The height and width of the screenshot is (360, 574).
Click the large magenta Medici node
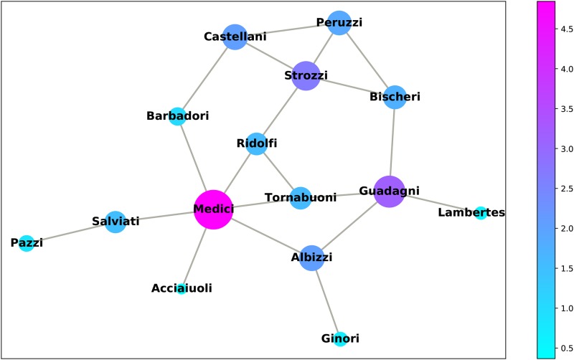click(x=213, y=209)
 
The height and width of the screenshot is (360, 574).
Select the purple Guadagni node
click(x=390, y=191)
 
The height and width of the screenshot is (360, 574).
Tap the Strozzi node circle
click(x=306, y=75)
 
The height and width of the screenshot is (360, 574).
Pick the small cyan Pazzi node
click(x=27, y=243)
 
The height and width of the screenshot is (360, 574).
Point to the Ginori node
click(x=340, y=338)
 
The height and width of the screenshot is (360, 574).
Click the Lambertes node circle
click(x=481, y=212)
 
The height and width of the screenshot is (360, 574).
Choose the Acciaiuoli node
click(x=182, y=288)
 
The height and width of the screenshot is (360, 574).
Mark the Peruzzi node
click(x=339, y=22)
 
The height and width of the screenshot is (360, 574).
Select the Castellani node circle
click(x=235, y=36)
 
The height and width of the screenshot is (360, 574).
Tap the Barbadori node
click(x=177, y=116)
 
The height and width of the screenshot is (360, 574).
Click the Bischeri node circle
click(x=395, y=96)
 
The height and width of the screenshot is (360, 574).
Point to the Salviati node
click(x=115, y=222)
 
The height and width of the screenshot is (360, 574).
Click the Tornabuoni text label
click(x=301, y=197)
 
